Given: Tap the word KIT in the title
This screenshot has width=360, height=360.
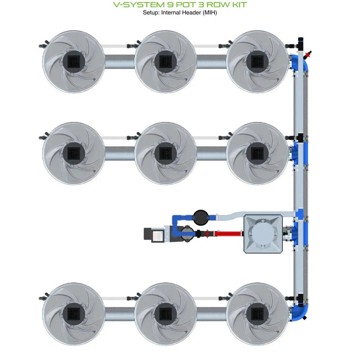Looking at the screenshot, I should (238, 4).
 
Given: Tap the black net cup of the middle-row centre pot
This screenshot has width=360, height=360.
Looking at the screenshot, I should (165, 153).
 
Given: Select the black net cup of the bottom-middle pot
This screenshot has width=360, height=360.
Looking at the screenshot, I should (165, 313).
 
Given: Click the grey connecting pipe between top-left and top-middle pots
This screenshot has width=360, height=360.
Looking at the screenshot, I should (119, 61).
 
